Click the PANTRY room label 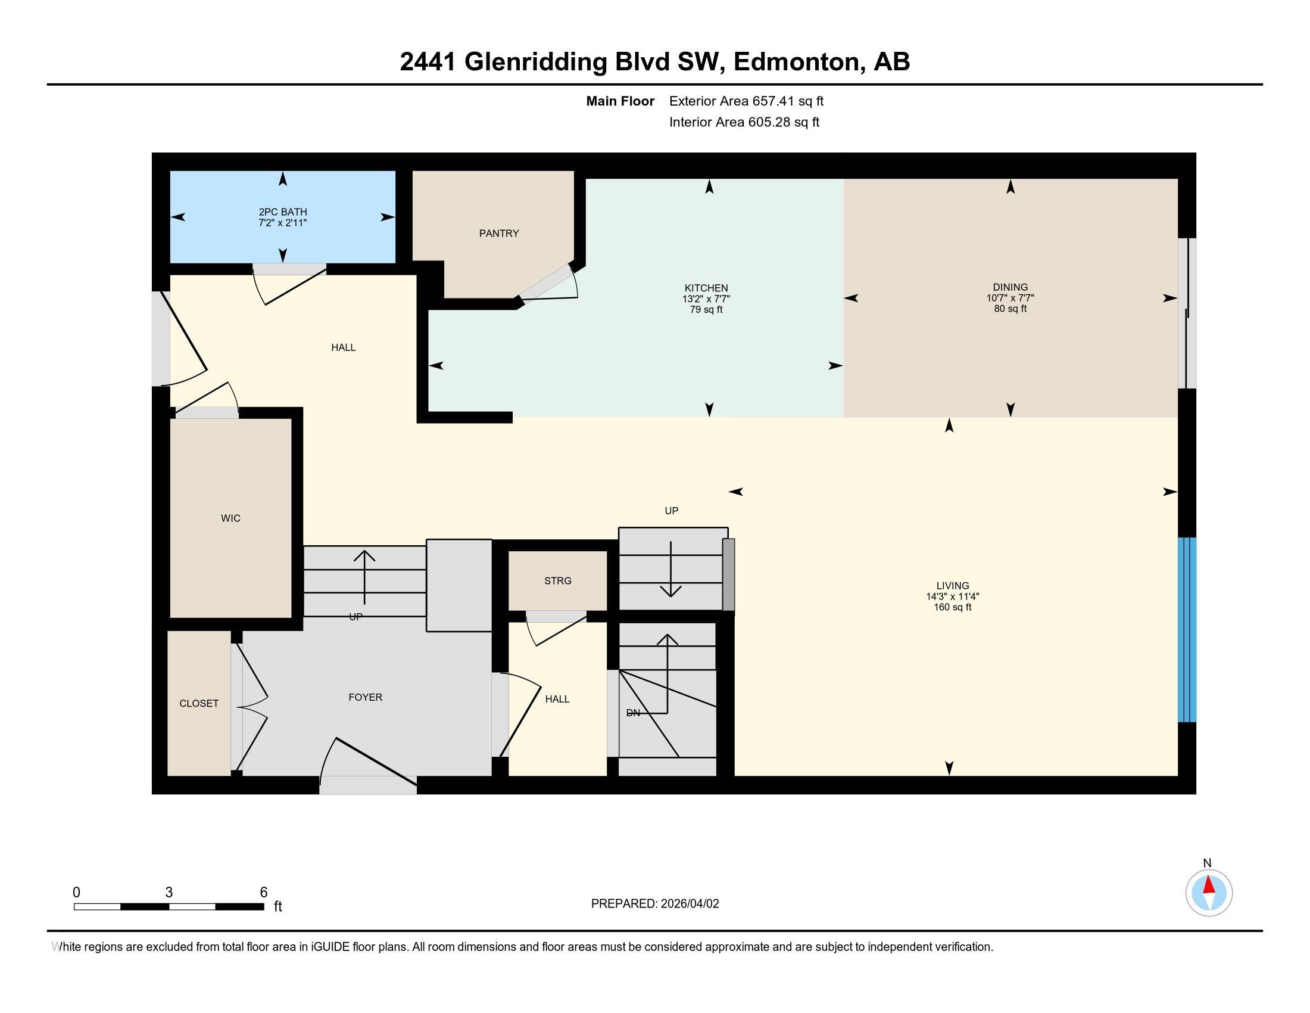pyautogui.click(x=498, y=234)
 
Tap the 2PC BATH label pyautogui.click(x=282, y=212)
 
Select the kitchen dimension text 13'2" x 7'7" pyautogui.click(x=706, y=299)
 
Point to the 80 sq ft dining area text pyautogui.click(x=1010, y=309)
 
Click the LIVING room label pyautogui.click(x=952, y=586)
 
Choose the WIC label pyautogui.click(x=230, y=518)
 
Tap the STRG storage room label pyautogui.click(x=557, y=581)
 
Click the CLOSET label pyautogui.click(x=198, y=703)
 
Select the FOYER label pyautogui.click(x=364, y=697)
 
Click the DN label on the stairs pyautogui.click(x=633, y=713)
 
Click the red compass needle pyautogui.click(x=1209, y=885)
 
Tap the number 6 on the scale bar pyautogui.click(x=263, y=893)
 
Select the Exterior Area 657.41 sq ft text pyautogui.click(x=746, y=101)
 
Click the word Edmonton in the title pyautogui.click(x=798, y=62)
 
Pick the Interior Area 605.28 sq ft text pyautogui.click(x=744, y=122)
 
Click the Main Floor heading pyautogui.click(x=620, y=101)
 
